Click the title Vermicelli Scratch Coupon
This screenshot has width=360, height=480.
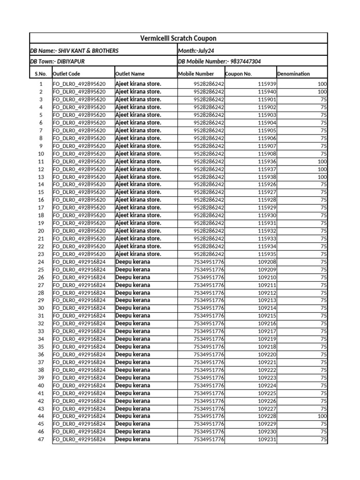(x=179, y=38)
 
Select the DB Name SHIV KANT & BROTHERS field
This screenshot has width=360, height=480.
(x=74, y=51)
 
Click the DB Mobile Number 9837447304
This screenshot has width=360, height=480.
(x=219, y=61)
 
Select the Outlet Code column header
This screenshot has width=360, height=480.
(x=66, y=74)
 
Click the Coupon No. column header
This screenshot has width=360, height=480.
(x=239, y=74)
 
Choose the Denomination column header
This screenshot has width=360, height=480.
(x=293, y=74)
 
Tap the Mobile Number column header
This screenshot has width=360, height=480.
(x=196, y=74)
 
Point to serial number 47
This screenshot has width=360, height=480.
(x=40, y=439)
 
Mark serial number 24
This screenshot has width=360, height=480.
(x=40, y=262)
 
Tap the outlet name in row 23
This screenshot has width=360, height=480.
(x=138, y=254)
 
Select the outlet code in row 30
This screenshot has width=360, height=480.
(x=79, y=308)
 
